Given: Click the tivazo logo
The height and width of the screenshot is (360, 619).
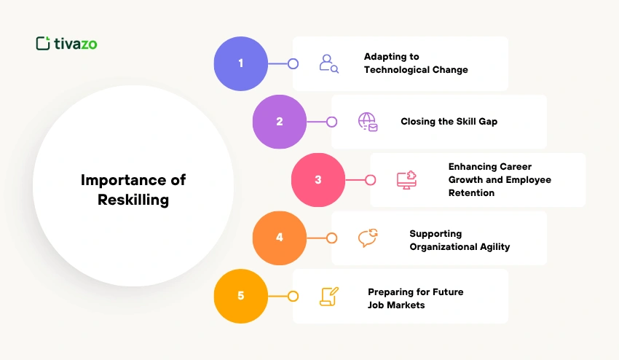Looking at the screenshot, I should point(66,44).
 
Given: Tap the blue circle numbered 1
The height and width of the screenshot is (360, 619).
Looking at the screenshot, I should point(241,63).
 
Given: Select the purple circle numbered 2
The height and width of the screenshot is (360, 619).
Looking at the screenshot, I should point(280,122).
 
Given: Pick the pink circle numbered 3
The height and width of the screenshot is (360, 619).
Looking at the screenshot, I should point(318,180).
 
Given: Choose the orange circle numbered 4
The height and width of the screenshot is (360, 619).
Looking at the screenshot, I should point(280,238).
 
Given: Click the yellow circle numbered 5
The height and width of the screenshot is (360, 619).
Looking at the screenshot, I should point(241,297).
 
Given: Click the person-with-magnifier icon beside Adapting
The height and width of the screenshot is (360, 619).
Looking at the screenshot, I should point(329,63).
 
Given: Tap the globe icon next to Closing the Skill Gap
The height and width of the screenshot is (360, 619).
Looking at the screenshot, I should point(368,122).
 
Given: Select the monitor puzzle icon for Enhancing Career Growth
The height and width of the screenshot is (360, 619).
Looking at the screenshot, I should point(406,180).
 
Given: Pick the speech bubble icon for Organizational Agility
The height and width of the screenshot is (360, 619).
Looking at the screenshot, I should point(368,238).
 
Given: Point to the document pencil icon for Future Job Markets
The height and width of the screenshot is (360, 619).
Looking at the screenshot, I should point(329,297).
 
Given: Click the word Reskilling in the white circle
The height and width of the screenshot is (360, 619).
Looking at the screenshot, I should point(133,200).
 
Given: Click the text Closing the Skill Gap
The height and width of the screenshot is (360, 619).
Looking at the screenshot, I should point(449,122).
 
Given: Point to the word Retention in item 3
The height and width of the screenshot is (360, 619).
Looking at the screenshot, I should point(471,193).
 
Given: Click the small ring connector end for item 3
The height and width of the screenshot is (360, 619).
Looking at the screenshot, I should point(371,180).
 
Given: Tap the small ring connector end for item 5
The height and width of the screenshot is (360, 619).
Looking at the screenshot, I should point(293,297).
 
